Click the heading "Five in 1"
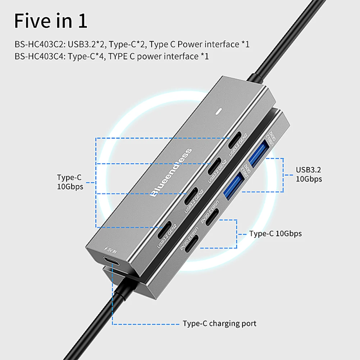(x=51, y=21)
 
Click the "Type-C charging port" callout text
(x=219, y=323)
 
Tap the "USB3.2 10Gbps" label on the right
(x=309, y=174)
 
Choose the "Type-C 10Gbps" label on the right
(x=275, y=234)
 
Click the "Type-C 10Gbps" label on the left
(x=70, y=182)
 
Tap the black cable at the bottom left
(x=104, y=324)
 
